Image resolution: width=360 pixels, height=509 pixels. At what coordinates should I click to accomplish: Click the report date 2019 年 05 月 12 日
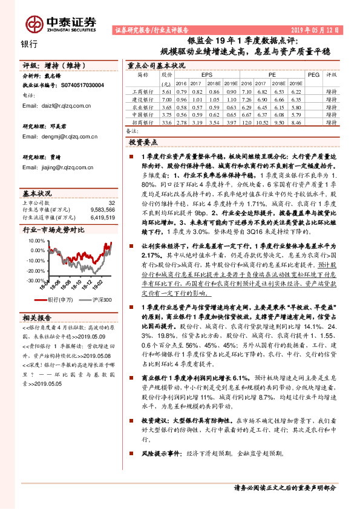pyautogui.click(x=314, y=29)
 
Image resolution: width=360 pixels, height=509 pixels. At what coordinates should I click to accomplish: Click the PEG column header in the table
pyautogui.click(x=313, y=75)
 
